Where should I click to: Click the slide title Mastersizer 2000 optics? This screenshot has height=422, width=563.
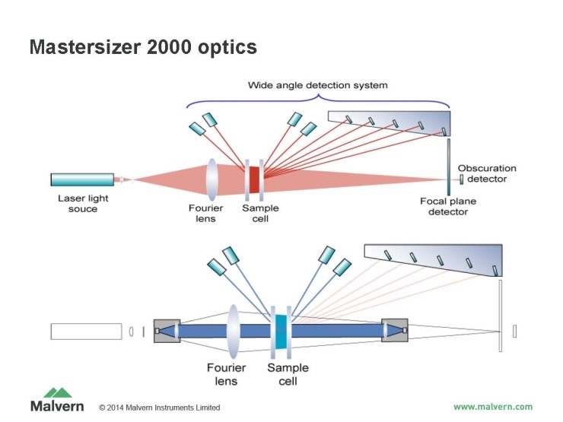[x=143, y=47]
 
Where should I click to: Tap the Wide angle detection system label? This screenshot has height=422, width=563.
[x=318, y=85]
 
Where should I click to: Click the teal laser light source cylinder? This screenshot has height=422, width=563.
[x=82, y=179]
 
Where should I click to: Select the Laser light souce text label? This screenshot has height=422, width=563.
[x=78, y=203]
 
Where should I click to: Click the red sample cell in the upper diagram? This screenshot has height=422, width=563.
[x=254, y=179]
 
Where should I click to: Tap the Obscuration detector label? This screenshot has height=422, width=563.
[x=487, y=173]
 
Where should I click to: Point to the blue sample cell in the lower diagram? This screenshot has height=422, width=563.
[x=281, y=332]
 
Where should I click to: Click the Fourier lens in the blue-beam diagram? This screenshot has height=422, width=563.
[x=233, y=332]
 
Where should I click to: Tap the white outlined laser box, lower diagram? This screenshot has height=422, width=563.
[x=87, y=332]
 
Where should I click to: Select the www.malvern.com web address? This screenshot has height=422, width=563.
[x=493, y=406]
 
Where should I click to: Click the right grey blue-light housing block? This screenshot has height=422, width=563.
[x=395, y=331]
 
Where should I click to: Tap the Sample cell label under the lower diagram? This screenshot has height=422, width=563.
[x=288, y=375]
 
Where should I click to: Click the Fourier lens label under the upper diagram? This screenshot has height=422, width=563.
[x=203, y=214]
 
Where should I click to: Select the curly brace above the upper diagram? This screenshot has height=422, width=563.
[x=318, y=99]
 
